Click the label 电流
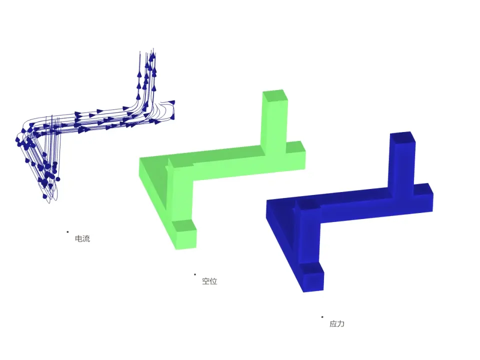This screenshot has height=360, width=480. (82, 238)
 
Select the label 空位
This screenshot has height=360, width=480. (209, 281)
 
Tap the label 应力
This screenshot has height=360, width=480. (337, 323)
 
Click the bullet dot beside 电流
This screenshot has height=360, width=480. (67, 232)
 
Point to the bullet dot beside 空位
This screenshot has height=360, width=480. (195, 274)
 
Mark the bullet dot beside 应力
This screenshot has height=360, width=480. (322, 317)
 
